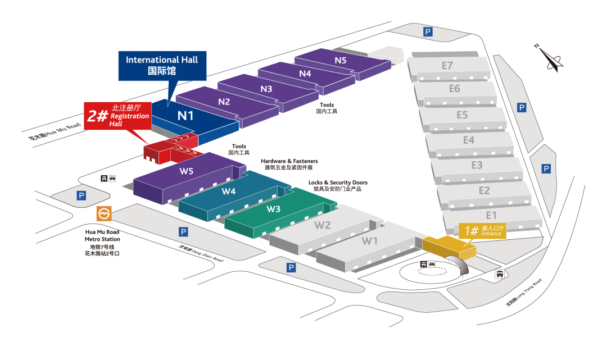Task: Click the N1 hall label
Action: [x=185, y=116]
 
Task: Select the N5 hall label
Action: [x=341, y=60]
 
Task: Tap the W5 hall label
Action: [x=187, y=171]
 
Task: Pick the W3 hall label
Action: [x=274, y=209]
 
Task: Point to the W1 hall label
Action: [x=369, y=241]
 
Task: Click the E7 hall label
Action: [x=447, y=66]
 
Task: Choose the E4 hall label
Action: [x=469, y=140]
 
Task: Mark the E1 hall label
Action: [x=491, y=215]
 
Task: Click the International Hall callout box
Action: [x=162, y=65]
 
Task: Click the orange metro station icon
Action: [x=105, y=213]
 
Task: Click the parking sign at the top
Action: [x=428, y=32]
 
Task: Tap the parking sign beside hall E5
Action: [x=522, y=107]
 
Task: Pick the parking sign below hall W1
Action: [x=291, y=267]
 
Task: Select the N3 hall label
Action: [x=266, y=89]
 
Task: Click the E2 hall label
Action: [x=484, y=190]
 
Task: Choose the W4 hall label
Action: [x=229, y=191]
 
